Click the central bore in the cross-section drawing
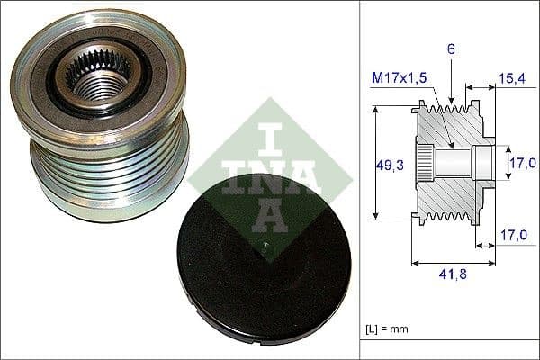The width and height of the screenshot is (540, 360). (459, 163)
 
